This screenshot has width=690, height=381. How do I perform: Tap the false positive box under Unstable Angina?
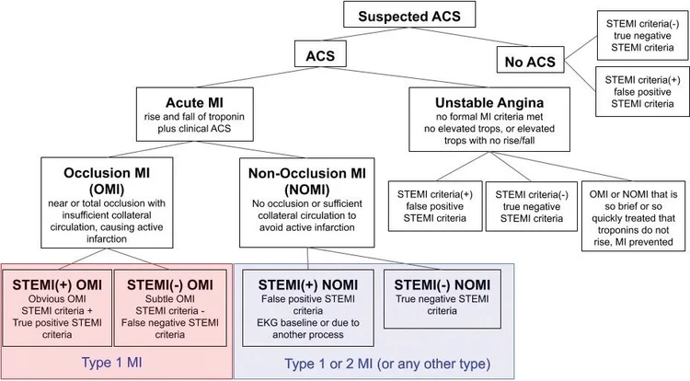pyautogui.click(x=432, y=206)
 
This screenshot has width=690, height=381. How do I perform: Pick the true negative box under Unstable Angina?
pyautogui.click(x=530, y=206)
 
